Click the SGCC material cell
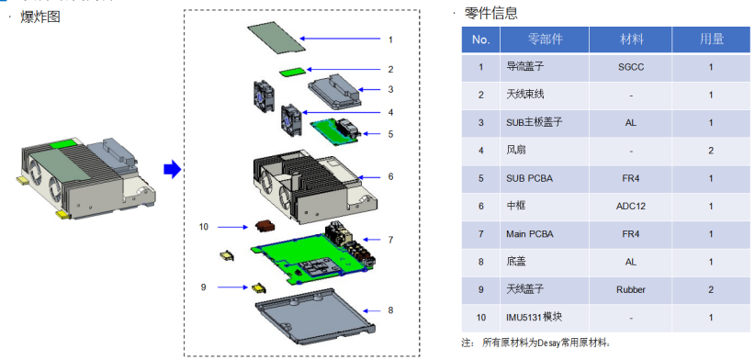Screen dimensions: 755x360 pyautogui.click(x=631, y=67)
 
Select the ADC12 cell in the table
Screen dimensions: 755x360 pyautogui.click(x=631, y=206)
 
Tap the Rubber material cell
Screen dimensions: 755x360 pyautogui.click(x=631, y=289)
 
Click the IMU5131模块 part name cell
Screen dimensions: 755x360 pyautogui.click(x=545, y=318)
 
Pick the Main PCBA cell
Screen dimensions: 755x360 pyautogui.click(x=545, y=234)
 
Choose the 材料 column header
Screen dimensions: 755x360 pyautogui.click(x=631, y=39)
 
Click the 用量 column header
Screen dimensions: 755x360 pyautogui.click(x=711, y=39)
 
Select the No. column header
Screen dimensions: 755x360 pyautogui.click(x=480, y=39)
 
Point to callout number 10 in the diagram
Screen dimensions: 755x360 pyautogui.click(x=204, y=226)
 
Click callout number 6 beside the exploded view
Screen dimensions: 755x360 pyautogui.click(x=390, y=176)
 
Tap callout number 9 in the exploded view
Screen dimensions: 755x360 pyautogui.click(x=204, y=287)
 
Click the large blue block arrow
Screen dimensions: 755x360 pyautogui.click(x=172, y=169)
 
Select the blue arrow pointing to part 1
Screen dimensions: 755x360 pyautogui.click(x=340, y=39)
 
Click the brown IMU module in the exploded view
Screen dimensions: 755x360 pyautogui.click(x=265, y=226)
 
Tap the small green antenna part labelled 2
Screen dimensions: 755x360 pyautogui.click(x=293, y=72)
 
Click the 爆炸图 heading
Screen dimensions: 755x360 pyautogui.click(x=40, y=17)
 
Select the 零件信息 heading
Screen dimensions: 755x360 pyautogui.click(x=490, y=13)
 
